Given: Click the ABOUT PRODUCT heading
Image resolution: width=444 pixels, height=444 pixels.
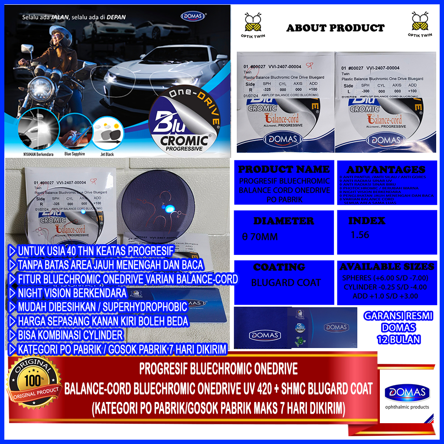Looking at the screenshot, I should [x=335, y=28].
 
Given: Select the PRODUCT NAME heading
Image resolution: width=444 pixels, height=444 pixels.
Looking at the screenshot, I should [x=284, y=169].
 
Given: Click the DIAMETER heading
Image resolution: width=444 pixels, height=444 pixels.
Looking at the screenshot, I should [x=284, y=221].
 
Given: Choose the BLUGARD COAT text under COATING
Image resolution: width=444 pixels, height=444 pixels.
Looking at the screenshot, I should [x=286, y=283].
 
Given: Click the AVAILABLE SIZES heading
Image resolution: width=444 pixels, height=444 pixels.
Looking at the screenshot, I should [x=387, y=266].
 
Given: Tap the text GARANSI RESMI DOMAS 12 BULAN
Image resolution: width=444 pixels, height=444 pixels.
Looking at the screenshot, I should [x=398, y=327].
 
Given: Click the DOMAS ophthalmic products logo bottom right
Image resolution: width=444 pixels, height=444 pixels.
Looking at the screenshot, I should [x=407, y=396].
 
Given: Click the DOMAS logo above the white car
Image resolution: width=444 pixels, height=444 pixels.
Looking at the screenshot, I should [x=193, y=16].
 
